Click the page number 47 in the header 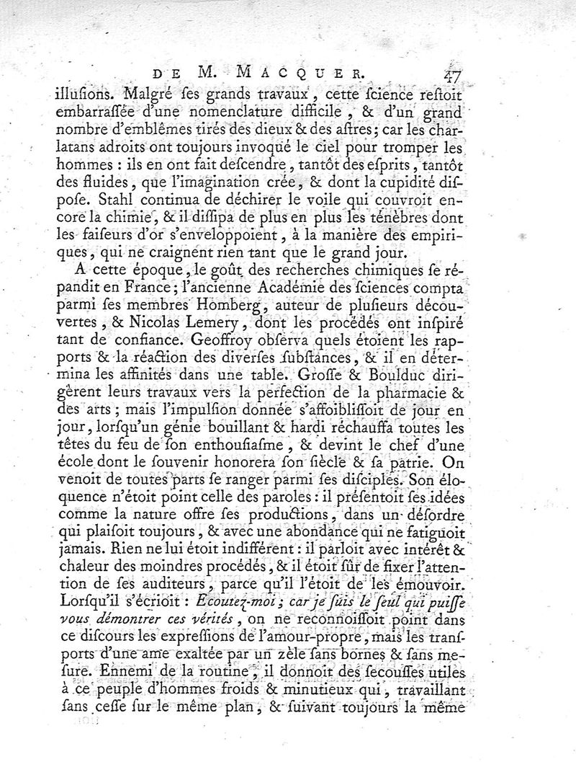[453, 74]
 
